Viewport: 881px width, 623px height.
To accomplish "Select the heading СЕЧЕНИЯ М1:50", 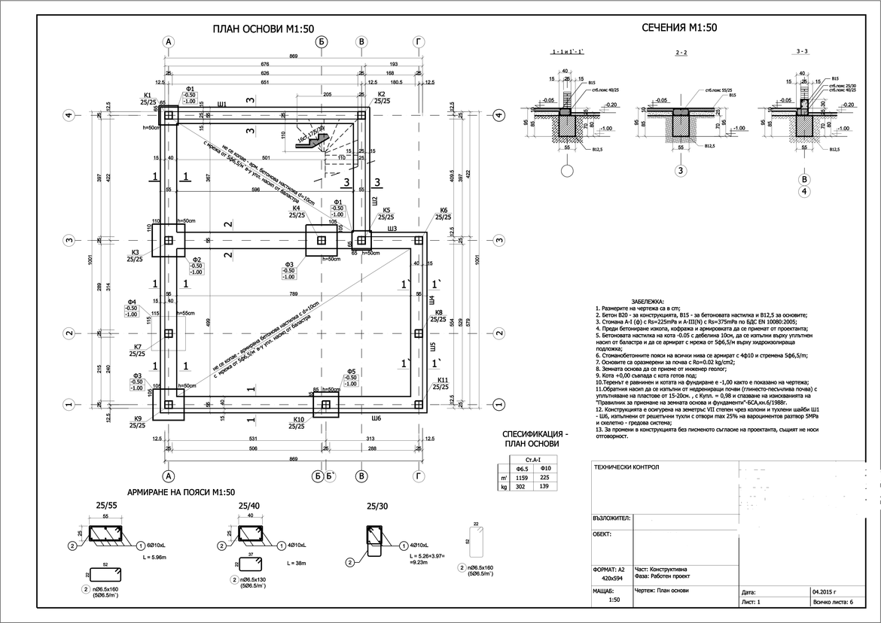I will [x=678, y=28].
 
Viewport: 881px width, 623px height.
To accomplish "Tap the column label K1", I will [x=148, y=95].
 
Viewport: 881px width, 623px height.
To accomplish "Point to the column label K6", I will [x=444, y=210].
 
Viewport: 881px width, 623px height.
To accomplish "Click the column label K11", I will [x=443, y=380].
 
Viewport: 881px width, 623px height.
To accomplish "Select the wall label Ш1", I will [x=222, y=105].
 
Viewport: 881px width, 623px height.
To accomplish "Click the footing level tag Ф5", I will [x=350, y=372].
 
